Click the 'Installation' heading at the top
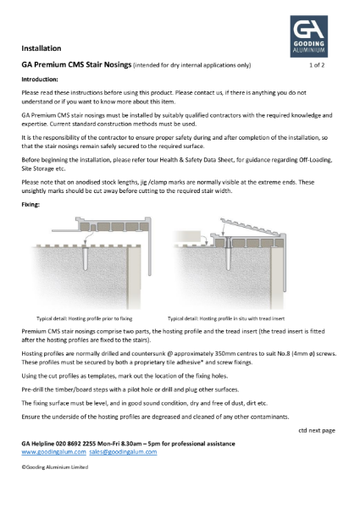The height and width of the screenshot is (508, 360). pyautogui.click(x=41, y=48)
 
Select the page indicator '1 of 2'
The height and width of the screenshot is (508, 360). pyautogui.click(x=322, y=64)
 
